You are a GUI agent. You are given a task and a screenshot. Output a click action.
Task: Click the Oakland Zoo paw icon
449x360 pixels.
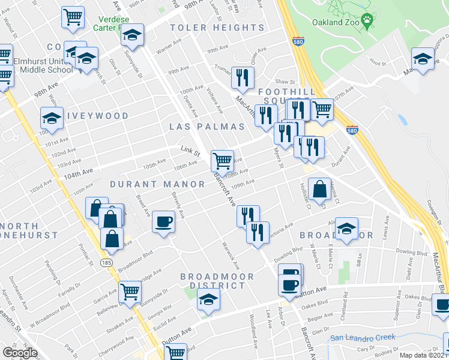(368, 23)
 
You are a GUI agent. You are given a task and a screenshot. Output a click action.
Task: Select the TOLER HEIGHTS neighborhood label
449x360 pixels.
(217, 28)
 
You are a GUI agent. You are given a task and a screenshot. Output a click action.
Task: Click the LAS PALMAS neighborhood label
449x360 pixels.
(207, 127)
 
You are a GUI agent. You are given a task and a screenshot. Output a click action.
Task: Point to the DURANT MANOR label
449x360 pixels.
(157, 184)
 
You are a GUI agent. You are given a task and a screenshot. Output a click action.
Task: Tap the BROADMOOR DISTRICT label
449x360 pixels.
(217, 281)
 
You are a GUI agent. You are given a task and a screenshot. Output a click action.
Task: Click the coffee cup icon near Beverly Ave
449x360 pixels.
(163, 222)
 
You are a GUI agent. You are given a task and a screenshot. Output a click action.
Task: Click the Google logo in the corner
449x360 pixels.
(20, 352)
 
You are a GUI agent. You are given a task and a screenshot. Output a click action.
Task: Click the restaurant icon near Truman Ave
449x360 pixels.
(243, 77)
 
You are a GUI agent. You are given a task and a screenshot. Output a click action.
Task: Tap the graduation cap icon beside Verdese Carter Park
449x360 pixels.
(133, 35)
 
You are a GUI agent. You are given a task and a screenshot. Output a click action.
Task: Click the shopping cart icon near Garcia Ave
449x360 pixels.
(130, 292)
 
